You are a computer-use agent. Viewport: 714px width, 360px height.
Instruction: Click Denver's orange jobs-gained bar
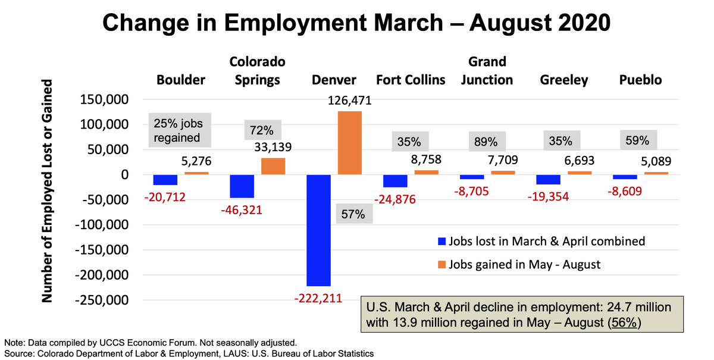click(349, 143)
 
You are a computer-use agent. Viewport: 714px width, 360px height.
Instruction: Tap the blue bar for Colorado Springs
click(242, 186)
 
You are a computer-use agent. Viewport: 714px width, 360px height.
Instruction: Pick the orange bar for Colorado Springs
click(273, 166)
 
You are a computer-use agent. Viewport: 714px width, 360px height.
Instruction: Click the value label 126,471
click(350, 101)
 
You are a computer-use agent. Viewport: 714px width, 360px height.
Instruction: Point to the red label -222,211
click(318, 298)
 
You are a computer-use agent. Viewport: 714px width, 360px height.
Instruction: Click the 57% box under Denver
click(354, 214)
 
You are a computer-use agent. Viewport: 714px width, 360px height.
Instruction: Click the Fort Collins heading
click(411, 80)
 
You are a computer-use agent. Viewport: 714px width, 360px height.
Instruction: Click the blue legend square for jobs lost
click(441, 242)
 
